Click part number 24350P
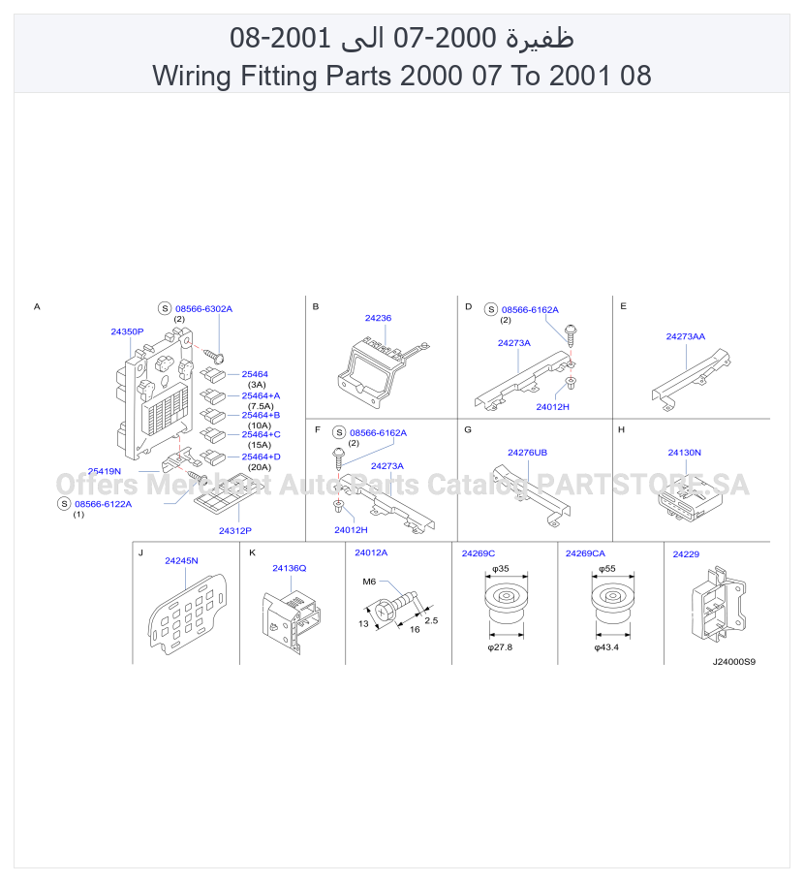(127, 331)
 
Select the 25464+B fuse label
(261, 415)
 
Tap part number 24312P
(235, 530)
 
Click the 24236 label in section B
(378, 318)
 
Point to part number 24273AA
(686, 336)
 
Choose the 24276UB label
(527, 453)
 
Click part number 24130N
(684, 453)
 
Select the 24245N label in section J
(181, 561)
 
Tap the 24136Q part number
(289, 568)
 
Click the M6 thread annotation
(369, 582)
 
